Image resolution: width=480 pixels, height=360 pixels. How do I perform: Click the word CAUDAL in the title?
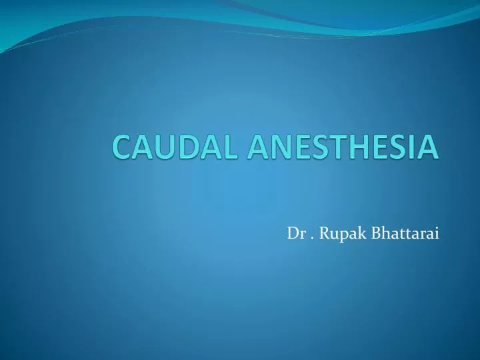click(175, 146)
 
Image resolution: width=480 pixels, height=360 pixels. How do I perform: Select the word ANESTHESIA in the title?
click(343, 146)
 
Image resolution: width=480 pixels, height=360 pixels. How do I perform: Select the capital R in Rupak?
click(323, 233)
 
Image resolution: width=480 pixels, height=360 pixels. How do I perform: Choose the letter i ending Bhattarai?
click(437, 233)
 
